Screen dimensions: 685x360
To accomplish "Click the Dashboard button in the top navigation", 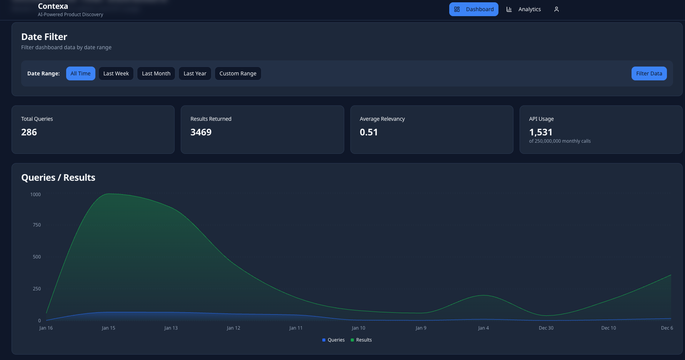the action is (473, 9).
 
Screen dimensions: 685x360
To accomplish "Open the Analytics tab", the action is (523, 9).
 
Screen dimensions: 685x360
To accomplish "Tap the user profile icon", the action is (556, 9).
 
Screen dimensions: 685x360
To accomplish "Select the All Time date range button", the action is (80, 73).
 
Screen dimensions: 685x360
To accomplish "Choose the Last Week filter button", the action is (116, 73).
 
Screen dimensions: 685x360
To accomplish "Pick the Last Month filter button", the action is (156, 73).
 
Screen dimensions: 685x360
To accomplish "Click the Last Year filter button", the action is (195, 73).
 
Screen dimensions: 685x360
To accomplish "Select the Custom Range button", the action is (238, 73).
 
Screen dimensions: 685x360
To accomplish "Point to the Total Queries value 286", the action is (29, 132).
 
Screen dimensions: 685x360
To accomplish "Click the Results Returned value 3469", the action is (201, 132).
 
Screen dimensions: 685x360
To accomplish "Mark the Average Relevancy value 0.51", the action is (369, 132).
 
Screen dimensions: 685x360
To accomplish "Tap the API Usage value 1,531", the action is (541, 132).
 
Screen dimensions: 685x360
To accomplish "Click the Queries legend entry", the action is (333, 340).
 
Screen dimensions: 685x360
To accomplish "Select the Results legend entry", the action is (361, 340).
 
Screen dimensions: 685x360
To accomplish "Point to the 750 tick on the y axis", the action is (37, 225).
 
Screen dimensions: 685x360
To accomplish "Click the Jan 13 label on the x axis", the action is (171, 328).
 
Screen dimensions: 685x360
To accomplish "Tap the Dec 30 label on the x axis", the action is (546, 328).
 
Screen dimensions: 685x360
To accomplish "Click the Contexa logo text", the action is (53, 6).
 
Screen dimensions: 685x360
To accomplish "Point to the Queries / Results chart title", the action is (58, 178).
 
